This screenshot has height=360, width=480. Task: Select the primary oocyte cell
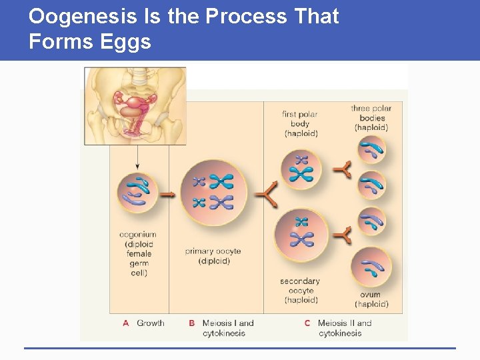[214, 193]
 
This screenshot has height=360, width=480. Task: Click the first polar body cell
[301, 169]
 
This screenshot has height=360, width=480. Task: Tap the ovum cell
[371, 266]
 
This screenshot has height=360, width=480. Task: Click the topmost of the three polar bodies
[371, 151]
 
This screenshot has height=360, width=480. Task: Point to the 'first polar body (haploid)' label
[300, 123]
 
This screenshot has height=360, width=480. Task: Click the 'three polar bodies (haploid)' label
[371, 118]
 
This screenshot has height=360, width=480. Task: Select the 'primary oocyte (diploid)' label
[213, 256]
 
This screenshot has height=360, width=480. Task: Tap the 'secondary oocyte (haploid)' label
[300, 291]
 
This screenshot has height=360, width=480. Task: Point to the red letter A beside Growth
[126, 323]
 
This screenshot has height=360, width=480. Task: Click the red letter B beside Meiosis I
[192, 323]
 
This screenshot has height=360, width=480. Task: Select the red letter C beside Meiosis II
[307, 323]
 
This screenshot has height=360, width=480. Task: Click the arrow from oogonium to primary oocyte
[167, 195]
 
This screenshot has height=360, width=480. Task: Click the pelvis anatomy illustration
[135, 105]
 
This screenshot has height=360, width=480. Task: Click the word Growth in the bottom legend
[150, 323]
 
